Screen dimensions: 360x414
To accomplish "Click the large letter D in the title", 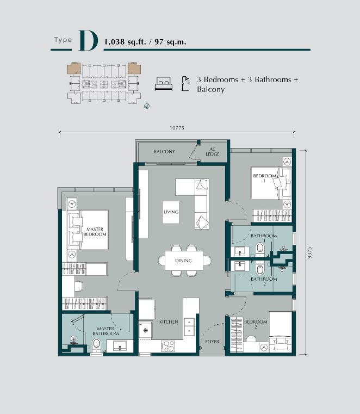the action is point(88,41).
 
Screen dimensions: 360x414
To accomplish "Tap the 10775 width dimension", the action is point(177,128).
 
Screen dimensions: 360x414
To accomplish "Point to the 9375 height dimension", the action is point(309,252).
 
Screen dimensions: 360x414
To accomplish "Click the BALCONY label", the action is point(164,152).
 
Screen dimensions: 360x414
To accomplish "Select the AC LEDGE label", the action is point(213,152).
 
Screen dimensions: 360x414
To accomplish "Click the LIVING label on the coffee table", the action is point(171,212).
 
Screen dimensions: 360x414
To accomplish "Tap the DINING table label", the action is point(183,261).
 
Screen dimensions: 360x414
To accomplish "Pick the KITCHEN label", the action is point(169,322).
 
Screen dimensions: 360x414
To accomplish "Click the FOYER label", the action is point(212,342).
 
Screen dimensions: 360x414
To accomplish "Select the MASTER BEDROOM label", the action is point(95,232).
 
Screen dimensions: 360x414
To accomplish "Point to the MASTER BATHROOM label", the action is point(105,331).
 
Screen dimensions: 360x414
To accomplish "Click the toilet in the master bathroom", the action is point(97,345).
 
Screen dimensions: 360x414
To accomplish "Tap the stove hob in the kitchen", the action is point(168,346).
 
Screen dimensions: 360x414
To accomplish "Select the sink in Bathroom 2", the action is point(240,266).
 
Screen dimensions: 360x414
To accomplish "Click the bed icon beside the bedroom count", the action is point(164,84).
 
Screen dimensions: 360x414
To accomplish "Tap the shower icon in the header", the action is point(186,84).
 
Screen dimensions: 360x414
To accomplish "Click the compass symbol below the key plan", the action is point(147,106).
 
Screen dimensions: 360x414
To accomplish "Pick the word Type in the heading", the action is point(63,40).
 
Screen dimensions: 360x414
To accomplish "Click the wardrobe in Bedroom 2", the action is point(237,334).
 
